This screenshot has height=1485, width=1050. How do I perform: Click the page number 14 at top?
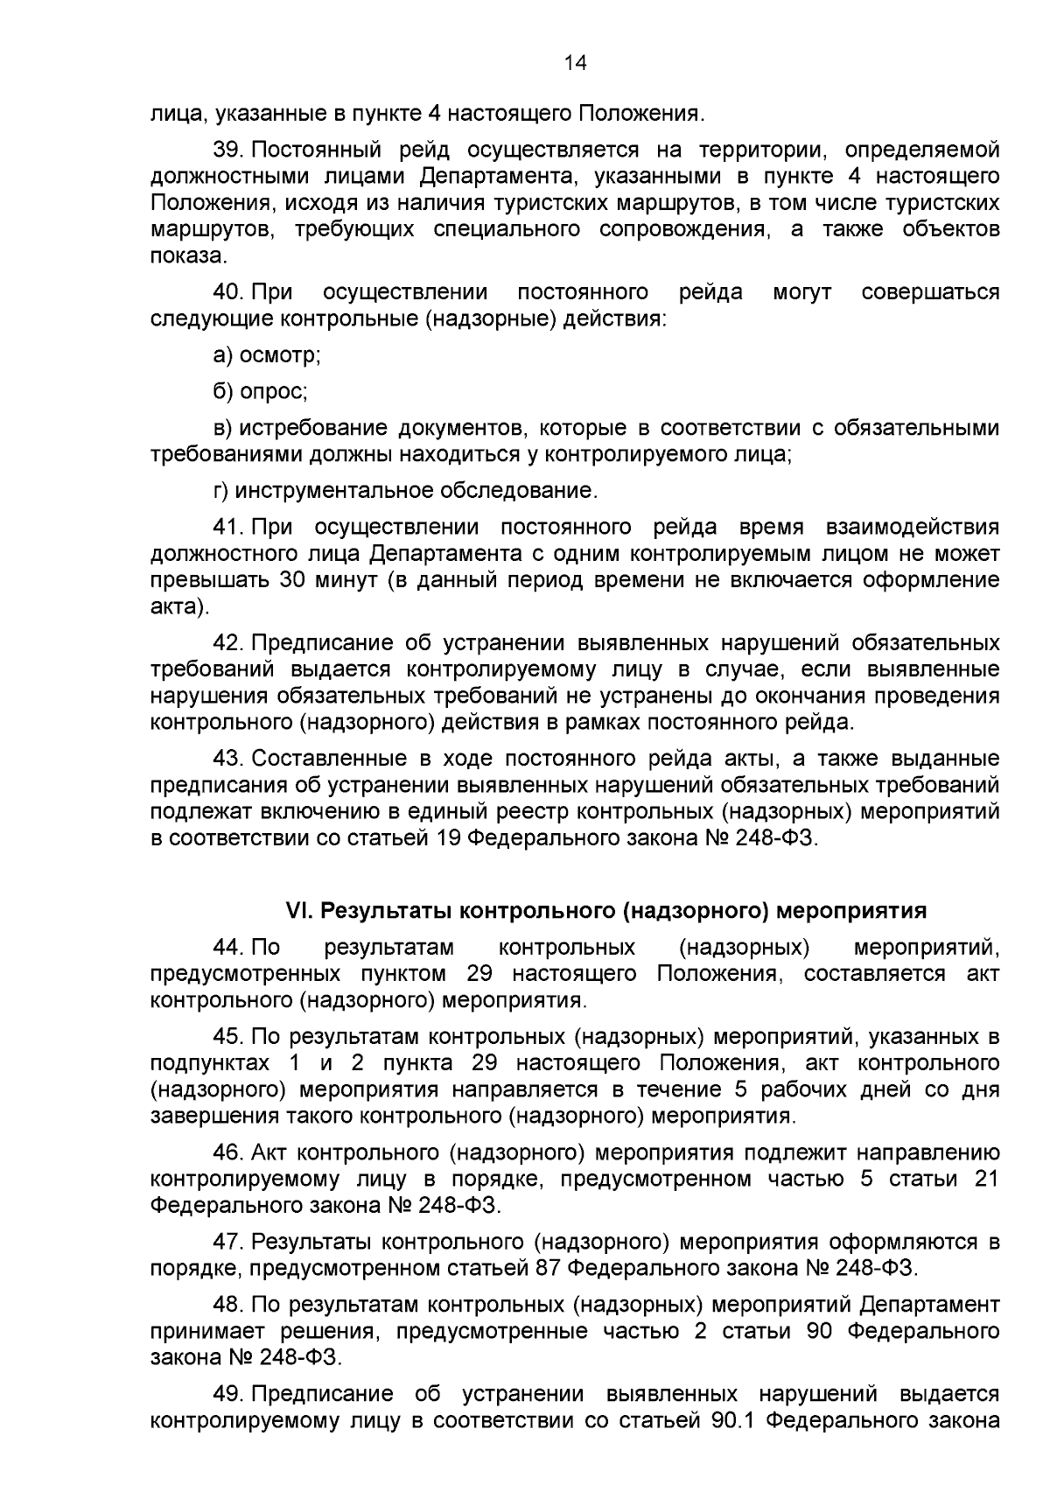coord(575,63)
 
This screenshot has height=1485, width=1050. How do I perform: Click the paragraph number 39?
coord(227,151)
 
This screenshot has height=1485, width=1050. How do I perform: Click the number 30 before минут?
coord(292,581)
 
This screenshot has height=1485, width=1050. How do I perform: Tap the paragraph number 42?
coord(227,643)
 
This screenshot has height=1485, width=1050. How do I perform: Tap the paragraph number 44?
coord(227,948)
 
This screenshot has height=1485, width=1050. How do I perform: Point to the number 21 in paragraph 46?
coord(986,1179)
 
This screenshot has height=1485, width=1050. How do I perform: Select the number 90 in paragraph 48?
coord(819,1331)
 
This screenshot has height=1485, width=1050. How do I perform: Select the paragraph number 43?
coord(227,758)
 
